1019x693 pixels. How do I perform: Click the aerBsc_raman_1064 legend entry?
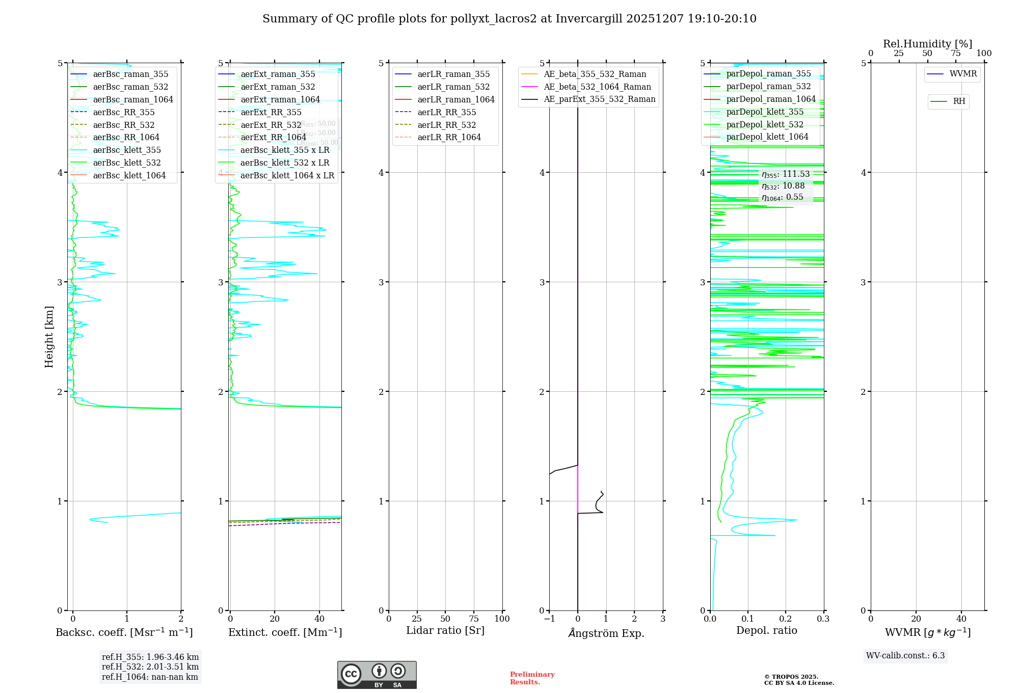point(133,100)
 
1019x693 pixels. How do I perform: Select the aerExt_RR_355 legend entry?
point(271,113)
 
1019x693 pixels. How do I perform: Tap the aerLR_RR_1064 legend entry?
point(449,138)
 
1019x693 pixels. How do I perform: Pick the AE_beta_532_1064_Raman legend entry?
point(597,87)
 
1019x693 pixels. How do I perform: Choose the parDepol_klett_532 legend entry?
point(764,125)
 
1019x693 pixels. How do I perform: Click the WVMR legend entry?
point(963,74)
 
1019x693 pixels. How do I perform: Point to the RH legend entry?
point(959,102)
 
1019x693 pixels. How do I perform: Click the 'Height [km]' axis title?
point(49,337)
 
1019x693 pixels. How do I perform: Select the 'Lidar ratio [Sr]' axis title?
point(445,631)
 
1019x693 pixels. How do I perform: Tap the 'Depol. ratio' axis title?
point(766,631)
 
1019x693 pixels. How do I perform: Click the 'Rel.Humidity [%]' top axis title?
point(927,44)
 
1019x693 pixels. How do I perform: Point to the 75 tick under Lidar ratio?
point(474,619)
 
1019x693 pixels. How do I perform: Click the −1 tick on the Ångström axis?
point(549,619)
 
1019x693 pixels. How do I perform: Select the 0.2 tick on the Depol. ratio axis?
point(785,619)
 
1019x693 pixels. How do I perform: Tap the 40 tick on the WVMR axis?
point(961,619)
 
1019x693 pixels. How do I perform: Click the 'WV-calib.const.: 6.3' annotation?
point(905,656)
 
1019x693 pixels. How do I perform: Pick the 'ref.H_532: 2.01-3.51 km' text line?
point(150,667)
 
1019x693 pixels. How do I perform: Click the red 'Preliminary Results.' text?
point(532,678)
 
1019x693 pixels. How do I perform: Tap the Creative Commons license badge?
point(377,675)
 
